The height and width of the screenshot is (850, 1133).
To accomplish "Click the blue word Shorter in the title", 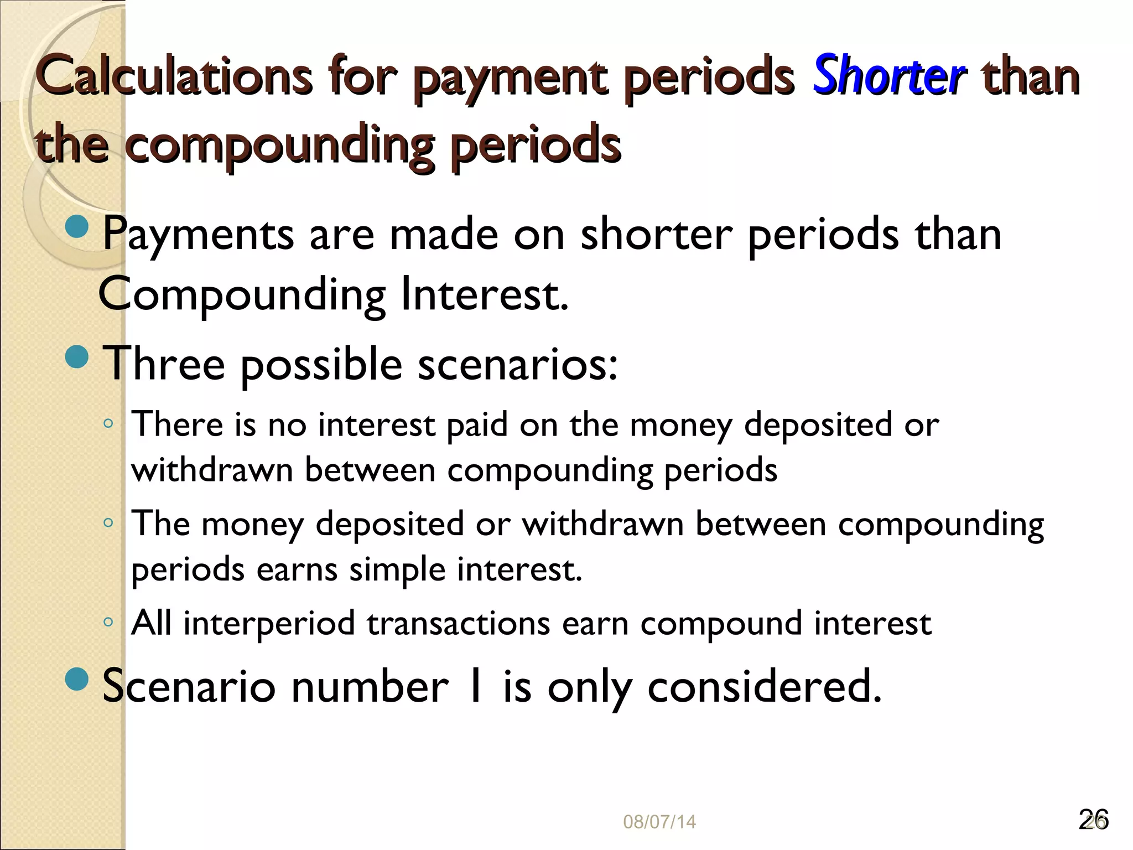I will [889, 76].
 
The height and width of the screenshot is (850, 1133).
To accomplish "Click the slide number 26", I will [1093, 820].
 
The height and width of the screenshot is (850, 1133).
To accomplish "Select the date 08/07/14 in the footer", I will [659, 822].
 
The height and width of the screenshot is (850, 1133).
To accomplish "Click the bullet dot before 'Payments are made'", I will [76, 226].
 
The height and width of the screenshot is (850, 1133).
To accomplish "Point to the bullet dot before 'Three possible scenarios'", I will [76, 356].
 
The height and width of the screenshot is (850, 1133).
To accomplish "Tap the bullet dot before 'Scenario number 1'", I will [76, 679].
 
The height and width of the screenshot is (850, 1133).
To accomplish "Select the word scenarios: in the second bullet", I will [517, 365].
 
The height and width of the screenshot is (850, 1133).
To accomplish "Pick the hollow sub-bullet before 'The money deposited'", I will [108, 523].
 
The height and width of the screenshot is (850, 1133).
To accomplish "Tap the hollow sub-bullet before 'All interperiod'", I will [108, 622].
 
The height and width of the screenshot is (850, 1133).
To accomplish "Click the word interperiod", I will [269, 624].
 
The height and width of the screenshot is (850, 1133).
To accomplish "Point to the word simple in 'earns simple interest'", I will [397, 570].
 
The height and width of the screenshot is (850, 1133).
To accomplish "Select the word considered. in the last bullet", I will [764, 687].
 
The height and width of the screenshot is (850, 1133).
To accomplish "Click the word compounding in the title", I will [280, 145].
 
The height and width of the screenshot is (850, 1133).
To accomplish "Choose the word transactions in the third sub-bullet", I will [458, 624].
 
